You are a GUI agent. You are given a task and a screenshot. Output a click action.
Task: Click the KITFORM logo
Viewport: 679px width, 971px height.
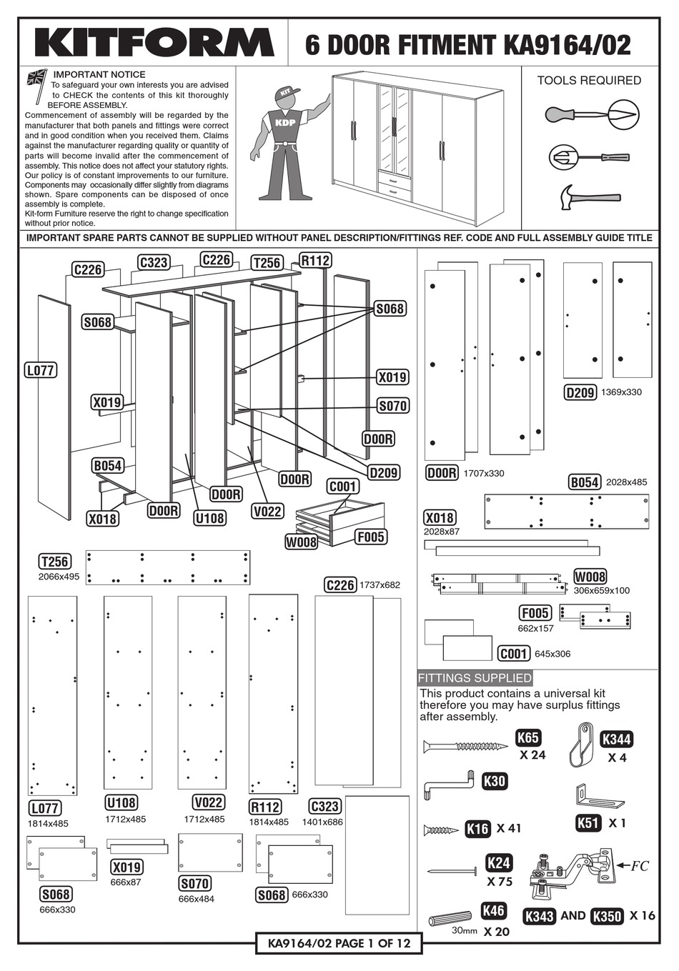pos(154,43)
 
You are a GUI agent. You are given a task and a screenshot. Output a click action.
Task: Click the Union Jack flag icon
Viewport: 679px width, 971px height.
pos(36,77)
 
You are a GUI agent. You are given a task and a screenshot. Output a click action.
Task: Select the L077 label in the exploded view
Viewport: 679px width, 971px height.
pos(40,370)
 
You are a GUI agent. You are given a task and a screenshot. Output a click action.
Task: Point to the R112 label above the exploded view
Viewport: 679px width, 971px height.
pos(315,260)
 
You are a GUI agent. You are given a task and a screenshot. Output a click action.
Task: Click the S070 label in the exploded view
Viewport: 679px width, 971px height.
pos(392,406)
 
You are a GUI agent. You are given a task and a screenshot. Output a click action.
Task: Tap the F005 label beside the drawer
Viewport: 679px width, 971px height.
pos(370,537)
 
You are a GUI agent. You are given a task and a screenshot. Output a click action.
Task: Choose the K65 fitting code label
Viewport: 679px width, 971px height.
pos(528,738)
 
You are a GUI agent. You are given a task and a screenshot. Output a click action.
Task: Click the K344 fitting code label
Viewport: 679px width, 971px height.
pos(616,740)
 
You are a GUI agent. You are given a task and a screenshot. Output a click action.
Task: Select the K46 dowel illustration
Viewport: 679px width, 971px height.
pos(450,918)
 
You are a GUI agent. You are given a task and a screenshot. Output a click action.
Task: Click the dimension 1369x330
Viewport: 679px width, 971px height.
pos(621,392)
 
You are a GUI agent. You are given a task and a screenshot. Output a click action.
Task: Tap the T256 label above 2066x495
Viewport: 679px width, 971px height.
pos(54,562)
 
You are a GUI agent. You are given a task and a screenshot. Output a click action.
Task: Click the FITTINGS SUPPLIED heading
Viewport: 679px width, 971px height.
pos(475,678)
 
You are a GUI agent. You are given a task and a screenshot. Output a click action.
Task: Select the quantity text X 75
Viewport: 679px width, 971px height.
pos(500,882)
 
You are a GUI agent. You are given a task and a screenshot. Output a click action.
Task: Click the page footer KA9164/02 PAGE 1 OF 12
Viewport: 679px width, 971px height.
pos(339,943)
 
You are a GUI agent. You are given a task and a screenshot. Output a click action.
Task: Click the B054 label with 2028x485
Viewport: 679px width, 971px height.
pos(585,482)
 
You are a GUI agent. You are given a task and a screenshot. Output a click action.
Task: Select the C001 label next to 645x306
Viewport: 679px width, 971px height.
pos(513,653)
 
